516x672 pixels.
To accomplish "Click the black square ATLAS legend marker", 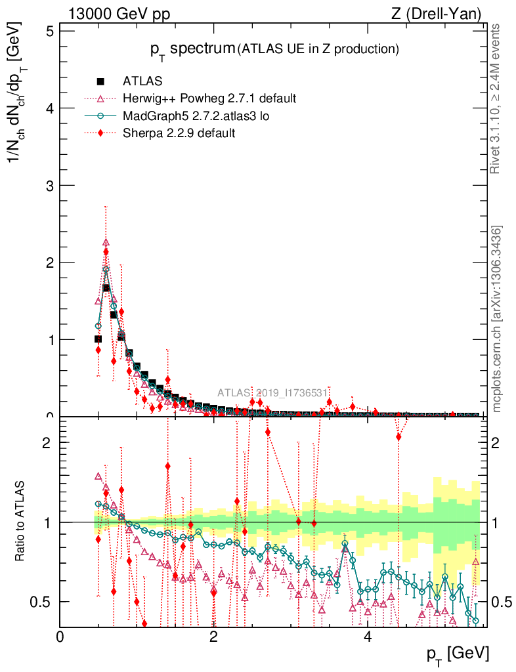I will coord(100,81).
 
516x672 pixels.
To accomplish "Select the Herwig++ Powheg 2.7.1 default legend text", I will coord(209,98).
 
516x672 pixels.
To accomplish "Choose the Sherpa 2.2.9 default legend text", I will coord(179,133).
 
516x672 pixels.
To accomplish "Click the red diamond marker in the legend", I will coord(100,133).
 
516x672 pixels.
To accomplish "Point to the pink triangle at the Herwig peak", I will coord(106,242).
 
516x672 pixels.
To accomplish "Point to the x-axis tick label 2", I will coord(214,637).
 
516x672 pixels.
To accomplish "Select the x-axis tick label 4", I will coord(368,637).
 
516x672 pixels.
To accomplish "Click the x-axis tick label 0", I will coord(60,637).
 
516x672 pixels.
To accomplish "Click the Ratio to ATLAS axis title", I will coord(21,522).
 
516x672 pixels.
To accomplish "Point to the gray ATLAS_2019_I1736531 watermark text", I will coord(272,392).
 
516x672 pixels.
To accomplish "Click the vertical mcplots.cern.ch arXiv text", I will coord(497,320).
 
